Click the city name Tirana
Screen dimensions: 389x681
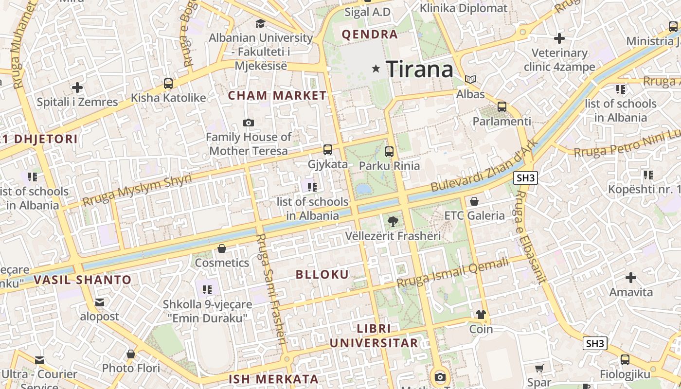tap(419, 69)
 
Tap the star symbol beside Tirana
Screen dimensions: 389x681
tap(376, 69)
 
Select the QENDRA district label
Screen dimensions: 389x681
tap(370, 35)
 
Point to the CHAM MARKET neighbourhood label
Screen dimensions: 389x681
tap(277, 95)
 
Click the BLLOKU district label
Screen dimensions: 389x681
tap(323, 274)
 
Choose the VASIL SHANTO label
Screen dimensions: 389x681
tap(83, 280)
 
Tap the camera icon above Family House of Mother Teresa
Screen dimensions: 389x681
tap(249, 123)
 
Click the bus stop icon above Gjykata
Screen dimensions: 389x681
tap(328, 150)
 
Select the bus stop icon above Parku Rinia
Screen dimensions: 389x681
tap(389, 151)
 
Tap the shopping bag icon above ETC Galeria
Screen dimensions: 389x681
tap(474, 201)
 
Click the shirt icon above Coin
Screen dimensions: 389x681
tap(481, 315)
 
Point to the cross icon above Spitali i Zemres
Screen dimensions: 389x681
tap(77, 88)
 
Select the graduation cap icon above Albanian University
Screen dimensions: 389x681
tap(261, 23)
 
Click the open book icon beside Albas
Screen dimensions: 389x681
tap(470, 79)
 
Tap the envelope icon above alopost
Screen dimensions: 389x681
tap(100, 302)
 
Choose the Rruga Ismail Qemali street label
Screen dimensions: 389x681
tap(453, 273)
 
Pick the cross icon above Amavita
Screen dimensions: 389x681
tap(631, 278)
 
